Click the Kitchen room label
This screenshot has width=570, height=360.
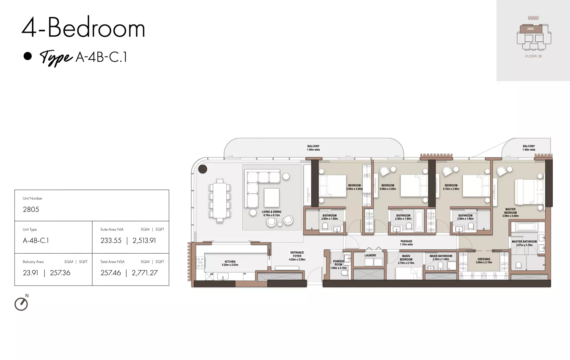(x=230, y=263)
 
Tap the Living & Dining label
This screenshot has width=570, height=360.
(x=271, y=213)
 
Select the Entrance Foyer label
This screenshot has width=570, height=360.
(x=297, y=256)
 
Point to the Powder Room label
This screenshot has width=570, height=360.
(x=338, y=265)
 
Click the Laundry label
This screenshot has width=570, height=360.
(x=370, y=255)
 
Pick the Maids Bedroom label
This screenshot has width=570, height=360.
(x=406, y=259)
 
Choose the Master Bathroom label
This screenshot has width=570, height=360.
(x=524, y=243)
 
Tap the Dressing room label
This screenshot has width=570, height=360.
(x=484, y=261)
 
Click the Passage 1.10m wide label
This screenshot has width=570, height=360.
(x=406, y=243)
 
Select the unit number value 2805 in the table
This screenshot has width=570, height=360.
(x=31, y=209)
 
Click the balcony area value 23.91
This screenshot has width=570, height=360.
(x=30, y=273)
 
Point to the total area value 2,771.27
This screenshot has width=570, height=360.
(x=144, y=273)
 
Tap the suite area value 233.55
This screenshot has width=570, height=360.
(x=111, y=241)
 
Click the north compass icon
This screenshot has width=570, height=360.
(x=21, y=304)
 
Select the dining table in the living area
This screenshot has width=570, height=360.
(x=220, y=201)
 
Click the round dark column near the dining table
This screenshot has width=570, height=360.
(x=203, y=169)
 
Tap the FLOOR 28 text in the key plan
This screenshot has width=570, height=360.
(x=533, y=56)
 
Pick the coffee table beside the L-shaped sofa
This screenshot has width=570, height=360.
(x=271, y=197)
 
